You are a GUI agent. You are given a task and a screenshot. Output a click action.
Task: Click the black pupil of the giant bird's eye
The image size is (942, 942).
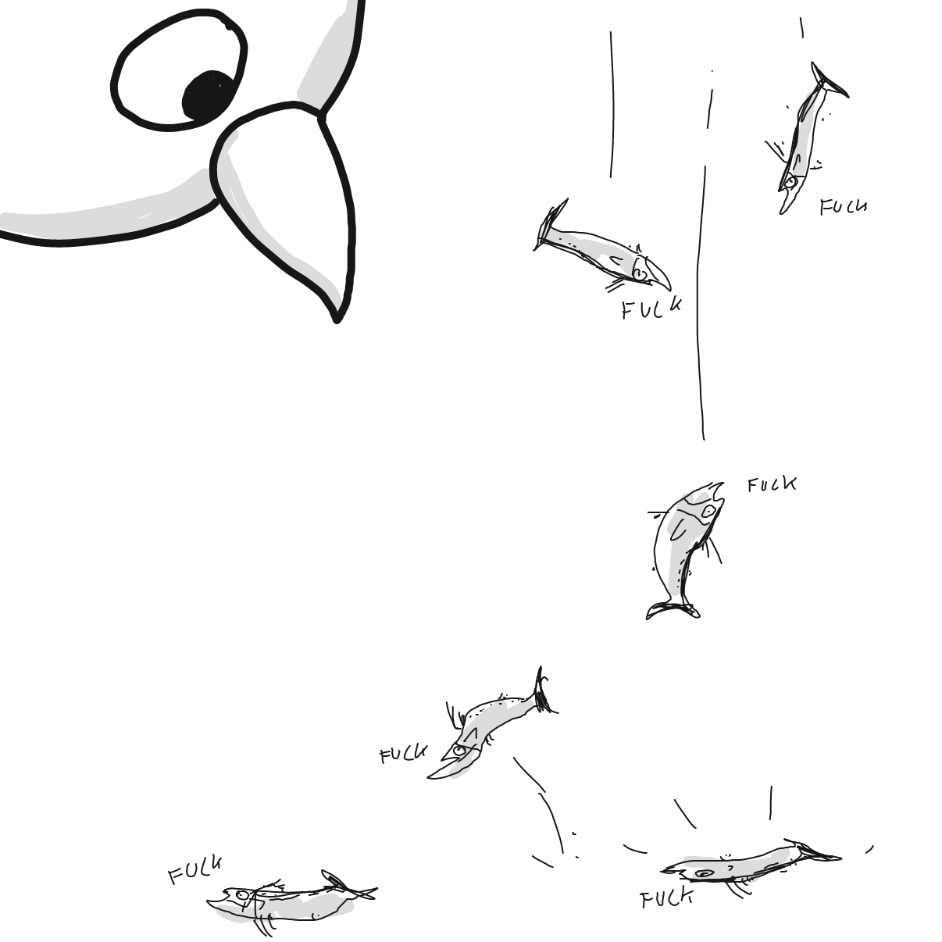click(x=209, y=97)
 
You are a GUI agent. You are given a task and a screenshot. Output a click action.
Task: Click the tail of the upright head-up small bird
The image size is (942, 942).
click(x=672, y=608)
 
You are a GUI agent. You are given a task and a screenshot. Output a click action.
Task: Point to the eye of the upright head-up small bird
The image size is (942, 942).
click(x=708, y=512)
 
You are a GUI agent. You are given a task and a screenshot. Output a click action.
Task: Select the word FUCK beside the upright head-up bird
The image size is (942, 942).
click(x=771, y=485)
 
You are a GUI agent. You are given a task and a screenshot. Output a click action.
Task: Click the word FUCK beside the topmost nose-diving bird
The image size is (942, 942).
click(x=843, y=207)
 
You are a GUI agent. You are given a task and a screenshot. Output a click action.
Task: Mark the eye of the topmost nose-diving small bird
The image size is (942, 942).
click(x=790, y=183)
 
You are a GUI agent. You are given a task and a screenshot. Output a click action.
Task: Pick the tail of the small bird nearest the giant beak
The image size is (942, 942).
click(x=550, y=223)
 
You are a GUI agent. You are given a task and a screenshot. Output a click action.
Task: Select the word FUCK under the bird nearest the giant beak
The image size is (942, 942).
click(x=651, y=309)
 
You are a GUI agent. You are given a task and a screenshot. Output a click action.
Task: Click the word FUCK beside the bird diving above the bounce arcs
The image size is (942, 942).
click(x=403, y=754)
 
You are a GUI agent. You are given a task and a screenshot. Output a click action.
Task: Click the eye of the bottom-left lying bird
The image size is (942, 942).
click(x=242, y=894)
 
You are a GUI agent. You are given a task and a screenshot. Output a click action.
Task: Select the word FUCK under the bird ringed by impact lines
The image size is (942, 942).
click(x=666, y=898)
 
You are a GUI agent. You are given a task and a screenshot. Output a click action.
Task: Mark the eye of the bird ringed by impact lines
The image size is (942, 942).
click(x=705, y=873)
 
